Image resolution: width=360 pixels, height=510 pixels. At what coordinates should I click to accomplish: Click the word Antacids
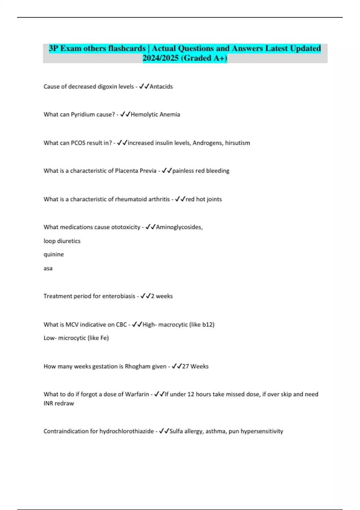pos(161,87)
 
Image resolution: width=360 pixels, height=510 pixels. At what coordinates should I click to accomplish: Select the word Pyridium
pos(83,115)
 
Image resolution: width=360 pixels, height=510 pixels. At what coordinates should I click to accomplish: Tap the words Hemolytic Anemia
pos(155,115)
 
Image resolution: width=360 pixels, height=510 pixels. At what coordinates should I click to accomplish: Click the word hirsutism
pos(237,143)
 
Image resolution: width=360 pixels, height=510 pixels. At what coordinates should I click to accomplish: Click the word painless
pos(183,171)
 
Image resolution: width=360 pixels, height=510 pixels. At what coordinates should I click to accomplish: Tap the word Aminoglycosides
pos(179,227)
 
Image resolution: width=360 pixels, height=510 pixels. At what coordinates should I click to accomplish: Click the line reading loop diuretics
pos(62,241)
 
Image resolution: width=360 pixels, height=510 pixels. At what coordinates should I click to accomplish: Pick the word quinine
pos(54,254)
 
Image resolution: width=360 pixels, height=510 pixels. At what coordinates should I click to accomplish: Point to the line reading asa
pos(48,268)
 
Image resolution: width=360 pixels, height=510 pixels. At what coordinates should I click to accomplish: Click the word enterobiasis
pos(119,296)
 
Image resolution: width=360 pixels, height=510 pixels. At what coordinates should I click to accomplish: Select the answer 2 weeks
pos(162,296)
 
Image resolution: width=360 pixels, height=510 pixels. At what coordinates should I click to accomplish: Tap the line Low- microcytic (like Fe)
pos(76,338)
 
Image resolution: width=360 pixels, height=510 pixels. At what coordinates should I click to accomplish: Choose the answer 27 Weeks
pos(195,367)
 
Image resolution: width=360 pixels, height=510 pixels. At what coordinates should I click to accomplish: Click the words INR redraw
pos(59,403)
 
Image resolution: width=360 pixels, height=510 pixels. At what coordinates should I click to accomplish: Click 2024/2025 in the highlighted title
pos(161,58)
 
